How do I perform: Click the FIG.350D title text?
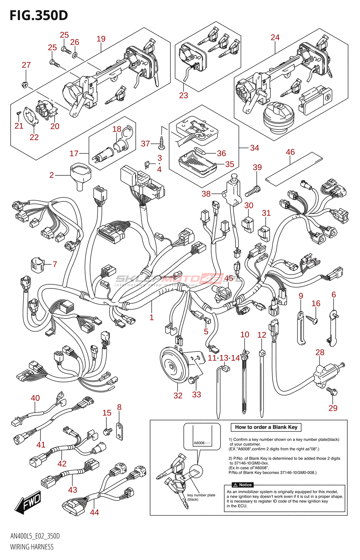pyautogui.click(x=39, y=15)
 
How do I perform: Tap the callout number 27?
pyautogui.click(x=26, y=65)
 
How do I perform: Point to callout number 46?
pyautogui.click(x=290, y=152)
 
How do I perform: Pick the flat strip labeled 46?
pyautogui.click(x=293, y=168)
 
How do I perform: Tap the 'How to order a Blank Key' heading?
pyautogui.click(x=266, y=427)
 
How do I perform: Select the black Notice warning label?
pyautogui.click(x=243, y=485)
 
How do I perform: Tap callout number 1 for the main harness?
pyautogui.click(x=152, y=317)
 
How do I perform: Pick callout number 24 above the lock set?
pyautogui.click(x=275, y=37)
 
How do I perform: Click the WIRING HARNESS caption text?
pyautogui.click(x=32, y=547)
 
